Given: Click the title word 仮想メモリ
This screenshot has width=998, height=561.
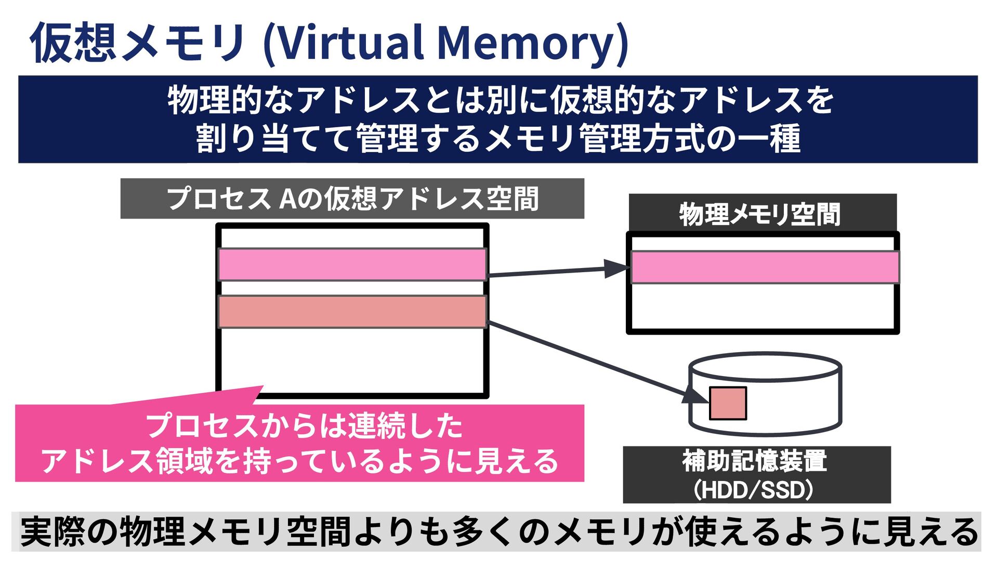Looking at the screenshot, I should pyautogui.click(x=138, y=43).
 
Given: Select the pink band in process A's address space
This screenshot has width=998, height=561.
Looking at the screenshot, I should pyautogui.click(x=352, y=264).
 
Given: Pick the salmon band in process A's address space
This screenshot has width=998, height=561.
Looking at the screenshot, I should pyautogui.click(x=352, y=312).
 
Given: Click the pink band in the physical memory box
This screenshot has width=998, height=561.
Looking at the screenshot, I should pyautogui.click(x=765, y=267).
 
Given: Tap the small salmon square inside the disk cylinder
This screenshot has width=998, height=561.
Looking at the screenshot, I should pyautogui.click(x=728, y=403).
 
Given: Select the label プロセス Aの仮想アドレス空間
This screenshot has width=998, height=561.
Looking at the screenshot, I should pyautogui.click(x=352, y=198).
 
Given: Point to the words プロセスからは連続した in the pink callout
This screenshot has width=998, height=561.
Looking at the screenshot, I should pyautogui.click(x=304, y=426).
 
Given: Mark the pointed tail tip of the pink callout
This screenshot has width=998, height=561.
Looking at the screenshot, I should pyautogui.click(x=263, y=386).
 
